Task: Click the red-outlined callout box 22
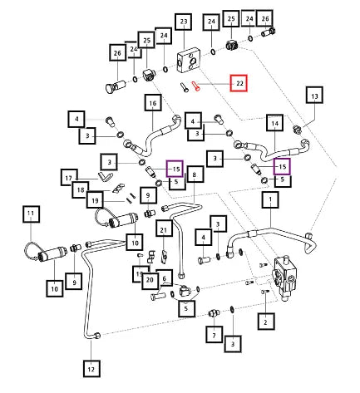239,83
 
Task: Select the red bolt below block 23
196,86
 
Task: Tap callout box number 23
184,22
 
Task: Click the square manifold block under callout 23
187,62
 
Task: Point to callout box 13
314,96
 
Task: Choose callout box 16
153,103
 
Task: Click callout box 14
275,123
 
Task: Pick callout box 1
270,199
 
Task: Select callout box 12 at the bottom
91,369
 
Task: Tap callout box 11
31,214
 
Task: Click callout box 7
214,335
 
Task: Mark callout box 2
266,322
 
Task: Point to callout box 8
195,174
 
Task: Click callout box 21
164,229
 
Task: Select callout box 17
69,178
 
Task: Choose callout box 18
81,190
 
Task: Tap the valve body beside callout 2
285,278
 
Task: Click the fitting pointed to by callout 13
298,129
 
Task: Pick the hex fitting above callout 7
214,313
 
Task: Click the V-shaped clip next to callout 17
105,176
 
